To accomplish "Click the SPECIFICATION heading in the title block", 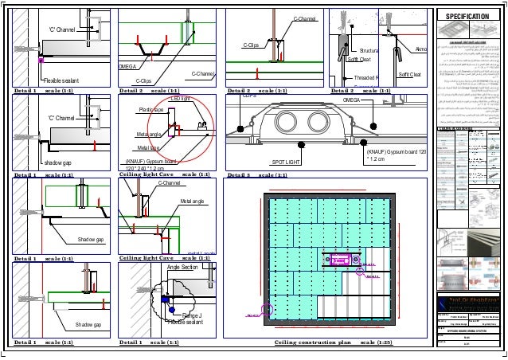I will coord(470,16).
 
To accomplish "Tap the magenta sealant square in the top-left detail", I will coord(40,59).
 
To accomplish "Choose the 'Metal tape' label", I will coord(148,147).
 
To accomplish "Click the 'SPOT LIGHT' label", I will coord(286,161).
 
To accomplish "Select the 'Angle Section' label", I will coord(182,268).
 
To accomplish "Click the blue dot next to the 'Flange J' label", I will coord(165,299).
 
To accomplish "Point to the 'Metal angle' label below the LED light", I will coord(150,134).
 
